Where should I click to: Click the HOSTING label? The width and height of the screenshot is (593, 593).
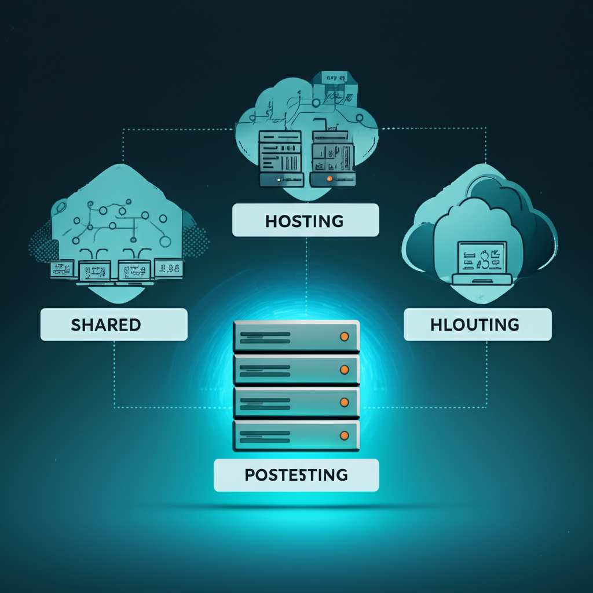click(305, 220)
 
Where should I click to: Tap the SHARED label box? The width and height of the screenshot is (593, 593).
click(114, 324)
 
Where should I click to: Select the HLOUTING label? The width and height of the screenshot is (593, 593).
click(477, 325)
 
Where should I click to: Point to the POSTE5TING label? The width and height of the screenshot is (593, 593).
click(296, 475)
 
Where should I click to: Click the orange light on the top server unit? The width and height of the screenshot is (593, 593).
click(344, 336)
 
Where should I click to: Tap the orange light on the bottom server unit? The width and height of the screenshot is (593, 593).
click(344, 434)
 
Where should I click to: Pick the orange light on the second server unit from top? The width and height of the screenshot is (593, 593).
click(344, 369)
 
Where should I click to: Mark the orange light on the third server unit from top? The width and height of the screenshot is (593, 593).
click(344, 402)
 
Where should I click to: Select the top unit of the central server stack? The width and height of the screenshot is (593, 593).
click(296, 336)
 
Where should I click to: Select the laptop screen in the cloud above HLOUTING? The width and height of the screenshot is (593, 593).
click(482, 257)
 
